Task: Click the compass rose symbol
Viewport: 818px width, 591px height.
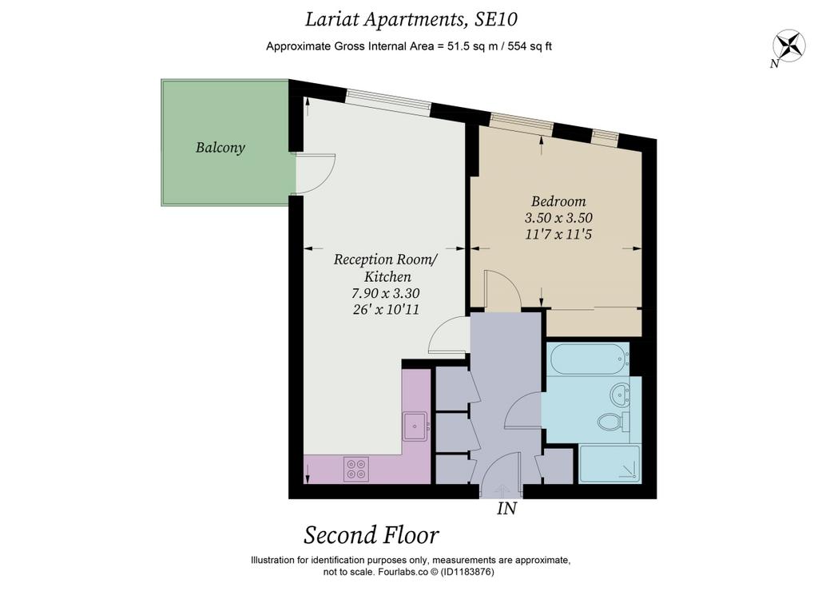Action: click(789, 46)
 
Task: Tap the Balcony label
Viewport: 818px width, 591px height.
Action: click(220, 148)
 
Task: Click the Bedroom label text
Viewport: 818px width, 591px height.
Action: click(558, 200)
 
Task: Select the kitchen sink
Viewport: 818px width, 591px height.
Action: click(415, 426)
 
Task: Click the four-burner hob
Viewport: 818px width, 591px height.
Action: click(356, 469)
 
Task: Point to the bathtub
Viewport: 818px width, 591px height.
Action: click(588, 359)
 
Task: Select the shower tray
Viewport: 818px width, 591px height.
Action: click(610, 464)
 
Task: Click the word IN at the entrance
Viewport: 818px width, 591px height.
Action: click(506, 508)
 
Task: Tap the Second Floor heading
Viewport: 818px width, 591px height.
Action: click(371, 535)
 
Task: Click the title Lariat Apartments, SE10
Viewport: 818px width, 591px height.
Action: click(411, 19)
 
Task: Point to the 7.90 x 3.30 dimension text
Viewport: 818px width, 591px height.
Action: click(386, 293)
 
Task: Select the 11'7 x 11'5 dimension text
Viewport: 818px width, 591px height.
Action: click(558, 234)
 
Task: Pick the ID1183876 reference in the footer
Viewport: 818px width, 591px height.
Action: click(467, 572)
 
